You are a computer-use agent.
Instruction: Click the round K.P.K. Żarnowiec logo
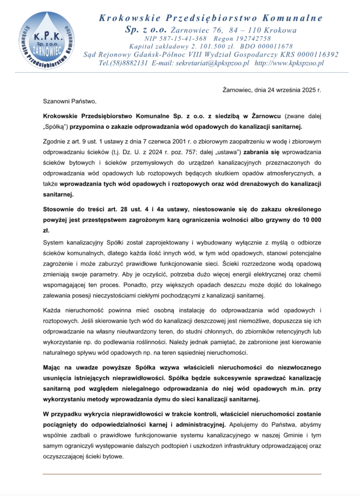tap(47, 40)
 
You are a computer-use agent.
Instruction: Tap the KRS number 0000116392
tap(314, 55)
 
